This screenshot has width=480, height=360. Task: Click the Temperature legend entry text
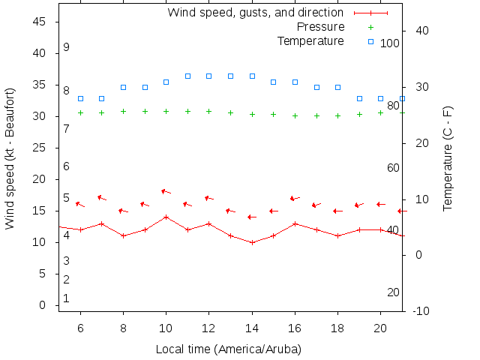point(310,40)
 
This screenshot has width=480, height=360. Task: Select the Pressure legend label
point(320,26)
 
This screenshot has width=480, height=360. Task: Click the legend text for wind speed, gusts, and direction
point(255,12)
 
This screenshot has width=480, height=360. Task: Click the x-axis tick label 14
point(253,328)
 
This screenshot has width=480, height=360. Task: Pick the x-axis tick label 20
point(381,328)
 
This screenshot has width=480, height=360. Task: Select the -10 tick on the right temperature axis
point(421,311)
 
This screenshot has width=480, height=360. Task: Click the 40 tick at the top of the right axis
point(421,31)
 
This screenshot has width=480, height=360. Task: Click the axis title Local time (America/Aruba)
point(228,349)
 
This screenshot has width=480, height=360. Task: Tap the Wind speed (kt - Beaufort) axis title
point(10,159)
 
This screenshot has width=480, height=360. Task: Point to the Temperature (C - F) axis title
point(448,159)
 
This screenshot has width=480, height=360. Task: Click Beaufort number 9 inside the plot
point(66,46)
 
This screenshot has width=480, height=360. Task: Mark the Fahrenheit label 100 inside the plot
point(390,43)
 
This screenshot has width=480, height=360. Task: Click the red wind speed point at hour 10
point(166,217)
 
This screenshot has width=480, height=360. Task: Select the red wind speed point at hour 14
point(253,242)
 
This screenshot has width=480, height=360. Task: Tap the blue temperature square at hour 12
point(209,76)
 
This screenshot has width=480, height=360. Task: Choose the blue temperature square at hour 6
point(80,98)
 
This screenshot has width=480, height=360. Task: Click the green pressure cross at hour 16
point(295,115)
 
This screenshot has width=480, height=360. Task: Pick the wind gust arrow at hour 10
point(165,191)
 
